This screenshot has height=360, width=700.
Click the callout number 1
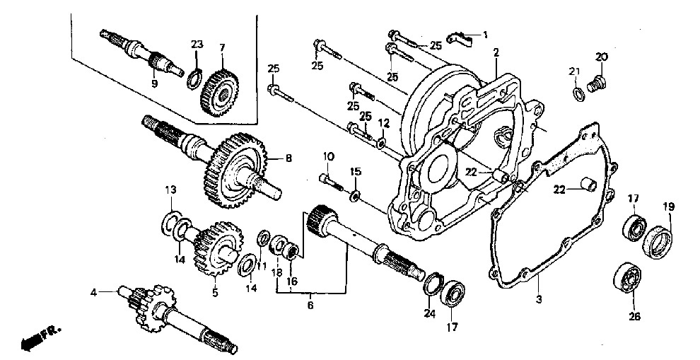point(485,34)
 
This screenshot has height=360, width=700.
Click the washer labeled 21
point(578,94)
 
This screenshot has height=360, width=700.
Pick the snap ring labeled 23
point(194,79)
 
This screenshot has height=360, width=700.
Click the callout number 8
point(288,158)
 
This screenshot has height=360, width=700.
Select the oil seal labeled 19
point(657,242)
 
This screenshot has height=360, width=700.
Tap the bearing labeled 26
point(627,279)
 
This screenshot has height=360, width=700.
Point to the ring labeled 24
point(432,283)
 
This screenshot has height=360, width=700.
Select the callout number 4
point(93,293)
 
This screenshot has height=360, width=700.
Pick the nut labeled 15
point(355,194)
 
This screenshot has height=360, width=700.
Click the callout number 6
point(310,306)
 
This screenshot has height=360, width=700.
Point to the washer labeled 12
point(382,143)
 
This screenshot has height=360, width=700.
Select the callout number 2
point(496,52)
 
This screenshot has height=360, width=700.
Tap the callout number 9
point(154,83)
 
